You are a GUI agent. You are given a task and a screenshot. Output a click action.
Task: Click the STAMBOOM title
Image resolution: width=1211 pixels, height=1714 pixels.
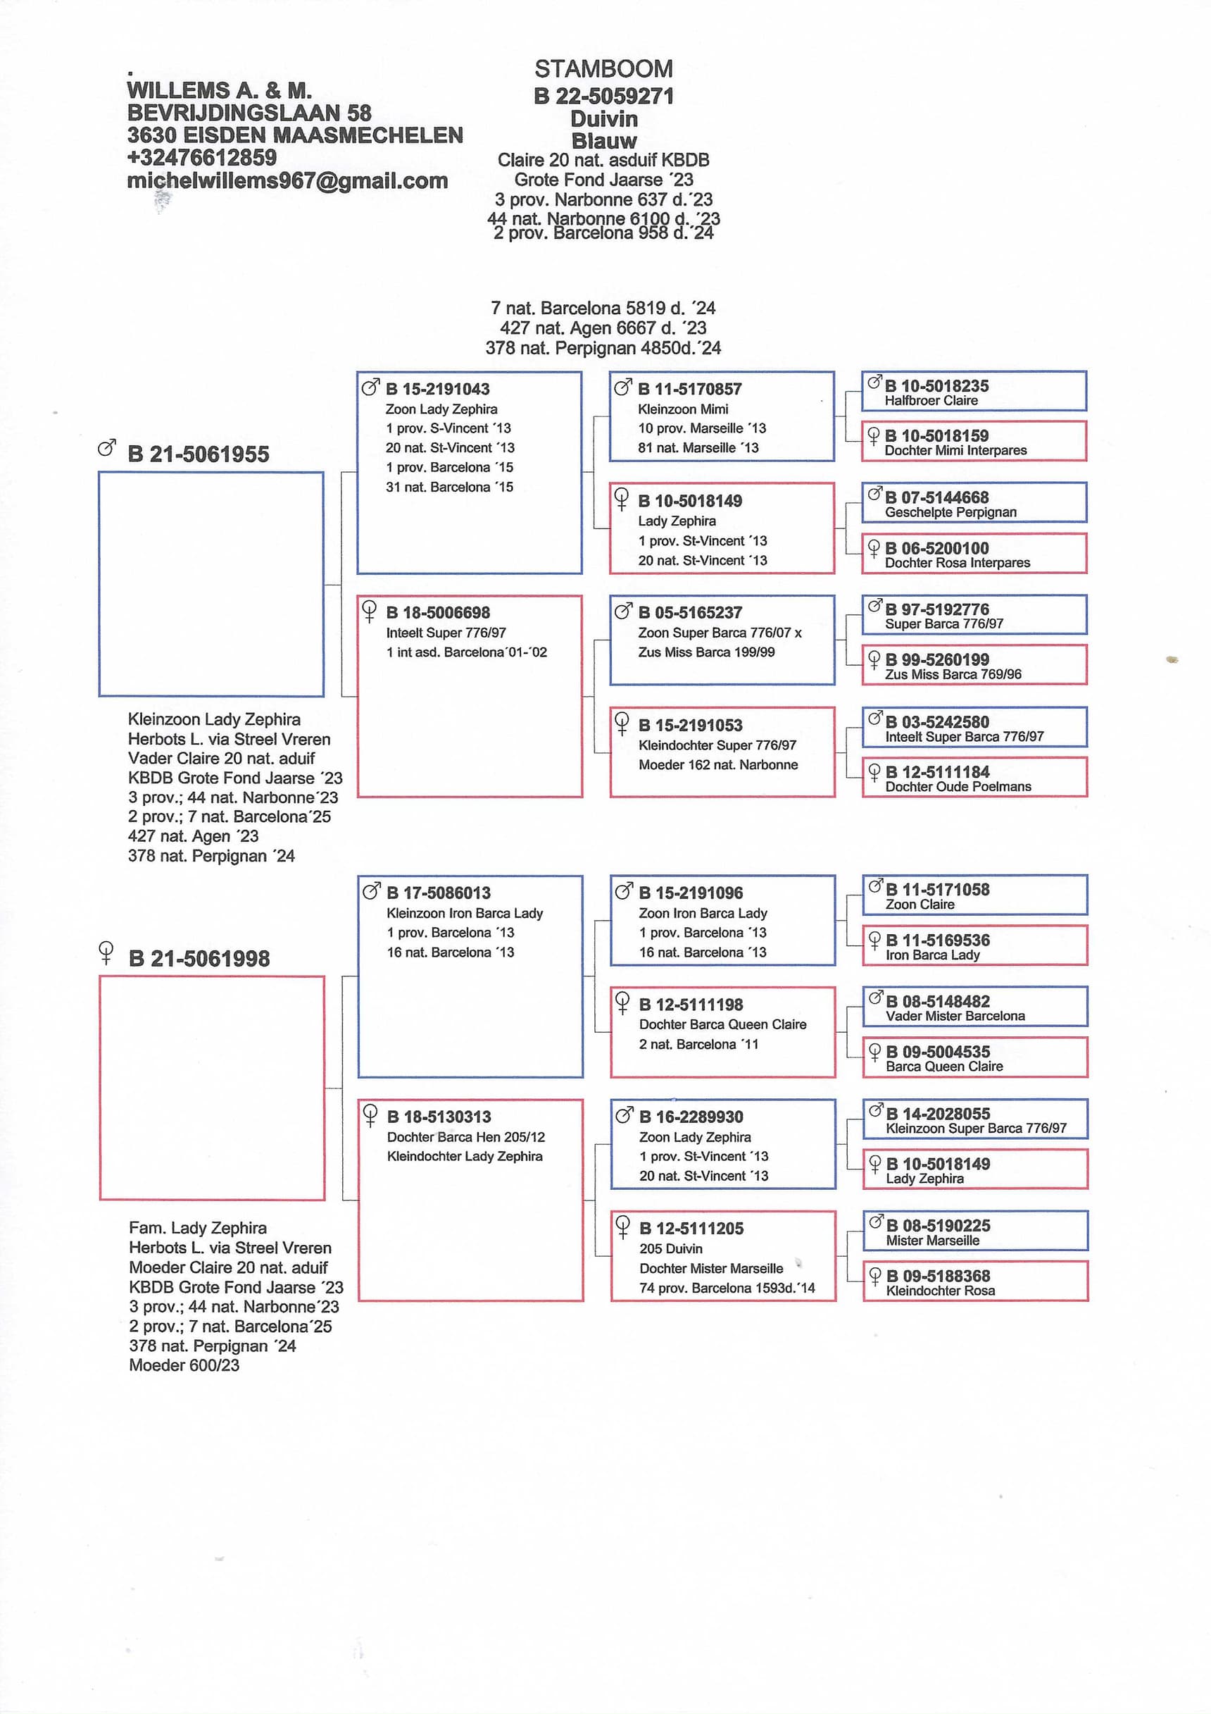(x=603, y=68)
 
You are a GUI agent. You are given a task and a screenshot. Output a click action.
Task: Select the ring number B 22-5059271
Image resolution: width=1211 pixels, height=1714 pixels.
(x=603, y=97)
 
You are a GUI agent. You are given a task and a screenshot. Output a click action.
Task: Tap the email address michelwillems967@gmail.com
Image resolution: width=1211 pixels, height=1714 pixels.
(x=287, y=180)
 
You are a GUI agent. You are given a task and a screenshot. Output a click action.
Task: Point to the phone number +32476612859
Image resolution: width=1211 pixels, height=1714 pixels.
(x=201, y=158)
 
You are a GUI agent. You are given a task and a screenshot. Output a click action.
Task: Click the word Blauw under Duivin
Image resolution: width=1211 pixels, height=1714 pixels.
(x=603, y=140)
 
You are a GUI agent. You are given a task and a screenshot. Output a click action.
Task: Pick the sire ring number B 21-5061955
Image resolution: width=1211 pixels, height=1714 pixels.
(x=198, y=454)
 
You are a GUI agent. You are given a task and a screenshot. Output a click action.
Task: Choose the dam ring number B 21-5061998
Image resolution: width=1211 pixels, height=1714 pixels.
(x=199, y=959)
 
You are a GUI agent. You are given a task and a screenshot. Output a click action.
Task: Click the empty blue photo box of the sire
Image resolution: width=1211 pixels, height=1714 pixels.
(x=211, y=584)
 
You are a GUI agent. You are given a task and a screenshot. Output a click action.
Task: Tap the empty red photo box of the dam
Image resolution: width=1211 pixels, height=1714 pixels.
(x=212, y=1088)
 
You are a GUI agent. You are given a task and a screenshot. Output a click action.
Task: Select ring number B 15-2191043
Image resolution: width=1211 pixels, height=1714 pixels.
(x=437, y=389)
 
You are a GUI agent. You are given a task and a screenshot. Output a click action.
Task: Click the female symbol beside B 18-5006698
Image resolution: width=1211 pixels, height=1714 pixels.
(x=369, y=611)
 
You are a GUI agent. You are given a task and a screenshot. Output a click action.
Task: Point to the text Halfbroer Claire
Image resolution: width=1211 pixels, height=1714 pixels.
(x=931, y=401)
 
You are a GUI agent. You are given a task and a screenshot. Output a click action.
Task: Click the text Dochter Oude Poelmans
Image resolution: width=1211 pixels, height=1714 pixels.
(x=958, y=787)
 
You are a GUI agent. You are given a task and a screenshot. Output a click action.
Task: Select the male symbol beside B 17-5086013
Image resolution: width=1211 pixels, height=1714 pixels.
(x=371, y=890)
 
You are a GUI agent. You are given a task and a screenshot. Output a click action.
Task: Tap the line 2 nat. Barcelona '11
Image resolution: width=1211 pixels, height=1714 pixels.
(x=698, y=1044)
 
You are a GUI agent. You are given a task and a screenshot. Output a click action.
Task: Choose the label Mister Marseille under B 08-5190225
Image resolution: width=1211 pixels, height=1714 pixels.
(x=933, y=1241)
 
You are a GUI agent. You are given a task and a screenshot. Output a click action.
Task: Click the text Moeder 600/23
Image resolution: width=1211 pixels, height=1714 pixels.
(x=184, y=1365)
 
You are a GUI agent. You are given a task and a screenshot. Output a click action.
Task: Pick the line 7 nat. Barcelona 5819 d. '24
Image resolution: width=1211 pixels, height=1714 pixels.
(x=603, y=309)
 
